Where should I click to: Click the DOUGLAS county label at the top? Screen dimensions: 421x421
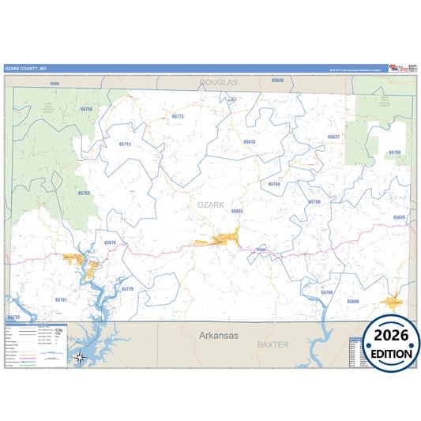218,82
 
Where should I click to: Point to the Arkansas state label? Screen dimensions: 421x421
217,335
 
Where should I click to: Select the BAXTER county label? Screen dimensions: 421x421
273,345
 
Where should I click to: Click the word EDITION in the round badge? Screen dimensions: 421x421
393,354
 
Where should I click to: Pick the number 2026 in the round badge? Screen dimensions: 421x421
393,336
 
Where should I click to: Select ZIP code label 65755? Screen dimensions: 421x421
87,109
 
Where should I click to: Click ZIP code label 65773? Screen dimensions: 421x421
178,116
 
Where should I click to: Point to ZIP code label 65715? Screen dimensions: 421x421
126,145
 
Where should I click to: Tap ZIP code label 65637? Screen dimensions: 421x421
333,137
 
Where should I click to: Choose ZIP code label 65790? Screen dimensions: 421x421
395,152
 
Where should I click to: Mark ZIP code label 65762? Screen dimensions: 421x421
85,193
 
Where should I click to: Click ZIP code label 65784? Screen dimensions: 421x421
274,184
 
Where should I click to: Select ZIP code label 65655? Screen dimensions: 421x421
237,212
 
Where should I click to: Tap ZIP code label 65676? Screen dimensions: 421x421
110,242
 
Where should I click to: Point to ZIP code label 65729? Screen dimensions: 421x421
128,289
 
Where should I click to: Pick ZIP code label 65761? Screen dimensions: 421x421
62,300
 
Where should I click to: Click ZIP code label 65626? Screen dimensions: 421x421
399,217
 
